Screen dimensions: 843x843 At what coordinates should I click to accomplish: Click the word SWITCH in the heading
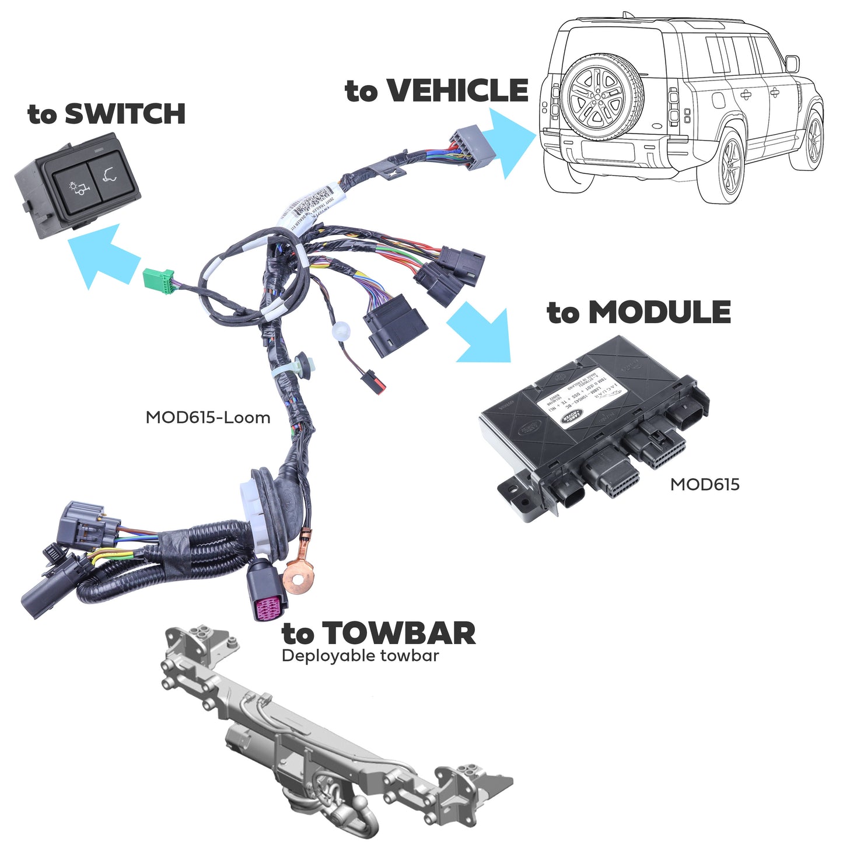point(125,114)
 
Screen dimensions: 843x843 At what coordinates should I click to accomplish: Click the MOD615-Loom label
point(208,418)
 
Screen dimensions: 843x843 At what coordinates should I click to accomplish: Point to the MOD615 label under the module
point(704,484)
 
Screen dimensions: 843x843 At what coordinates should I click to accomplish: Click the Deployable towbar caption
point(360,656)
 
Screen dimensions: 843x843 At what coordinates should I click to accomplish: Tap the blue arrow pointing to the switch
point(102,256)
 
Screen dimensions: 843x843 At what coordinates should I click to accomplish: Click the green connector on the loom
point(159,281)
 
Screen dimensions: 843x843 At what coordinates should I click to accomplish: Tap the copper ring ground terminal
point(298,578)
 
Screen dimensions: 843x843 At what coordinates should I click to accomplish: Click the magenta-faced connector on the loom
point(267,607)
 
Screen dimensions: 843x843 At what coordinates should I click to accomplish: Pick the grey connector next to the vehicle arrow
point(473,146)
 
